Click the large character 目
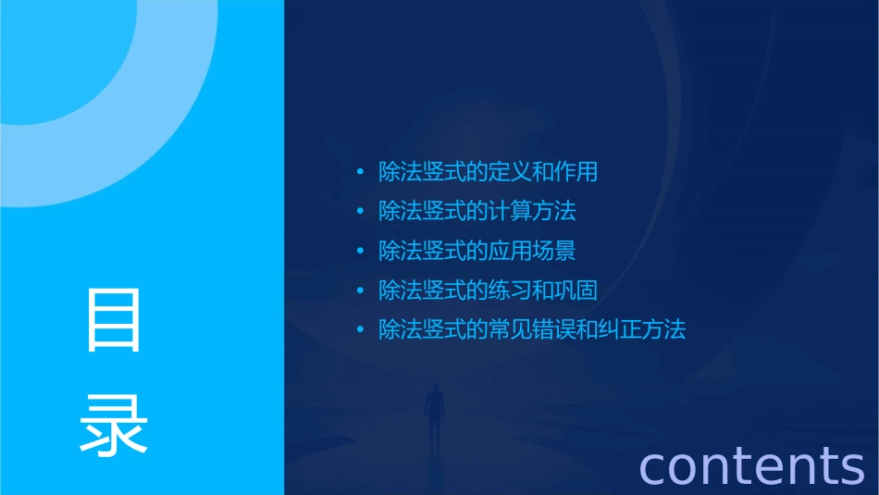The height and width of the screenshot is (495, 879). (114, 320)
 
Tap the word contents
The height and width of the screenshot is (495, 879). (751, 465)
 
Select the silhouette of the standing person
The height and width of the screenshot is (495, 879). (432, 413)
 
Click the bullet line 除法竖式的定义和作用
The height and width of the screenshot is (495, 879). (488, 172)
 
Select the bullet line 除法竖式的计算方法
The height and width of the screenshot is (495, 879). (477, 211)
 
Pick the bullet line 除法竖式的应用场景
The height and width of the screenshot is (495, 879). (477, 251)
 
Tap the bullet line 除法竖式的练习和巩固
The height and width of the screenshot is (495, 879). (488, 291)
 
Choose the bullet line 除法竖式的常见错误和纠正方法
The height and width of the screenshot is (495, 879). (532, 329)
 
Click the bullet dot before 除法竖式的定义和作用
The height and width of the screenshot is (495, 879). (361, 172)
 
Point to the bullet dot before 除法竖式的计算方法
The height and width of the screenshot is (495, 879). (361, 212)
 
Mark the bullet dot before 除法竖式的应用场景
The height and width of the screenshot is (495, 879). (361, 251)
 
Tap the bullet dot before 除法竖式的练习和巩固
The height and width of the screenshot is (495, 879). (361, 291)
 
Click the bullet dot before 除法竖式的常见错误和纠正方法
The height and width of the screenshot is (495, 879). (361, 330)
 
